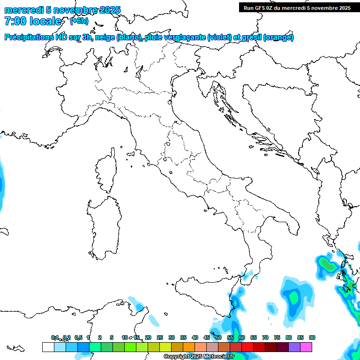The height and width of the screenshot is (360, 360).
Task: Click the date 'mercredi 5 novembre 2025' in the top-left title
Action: click(x=62, y=10)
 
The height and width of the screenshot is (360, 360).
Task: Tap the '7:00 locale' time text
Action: click(x=33, y=21)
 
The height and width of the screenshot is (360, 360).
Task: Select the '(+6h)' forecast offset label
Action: click(x=79, y=21)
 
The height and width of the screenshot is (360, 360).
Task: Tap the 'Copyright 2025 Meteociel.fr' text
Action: click(x=199, y=356)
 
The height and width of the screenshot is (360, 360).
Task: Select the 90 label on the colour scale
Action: click(x=312, y=337)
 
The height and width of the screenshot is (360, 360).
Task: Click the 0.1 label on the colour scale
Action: click(x=55, y=337)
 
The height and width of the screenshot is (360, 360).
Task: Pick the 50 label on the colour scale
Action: click(x=218, y=337)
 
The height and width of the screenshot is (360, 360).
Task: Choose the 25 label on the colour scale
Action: click(x=159, y=337)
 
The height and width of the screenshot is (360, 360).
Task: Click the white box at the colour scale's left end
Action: click(x=48, y=347)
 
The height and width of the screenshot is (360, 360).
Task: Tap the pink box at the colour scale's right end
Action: click(x=306, y=347)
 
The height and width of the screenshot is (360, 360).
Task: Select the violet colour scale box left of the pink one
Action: click(x=294, y=347)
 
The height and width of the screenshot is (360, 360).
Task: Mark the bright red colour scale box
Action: click(x=247, y=347)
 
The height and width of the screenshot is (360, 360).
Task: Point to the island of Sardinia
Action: click(x=103, y=225)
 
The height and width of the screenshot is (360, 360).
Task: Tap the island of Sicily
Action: click(x=206, y=295)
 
